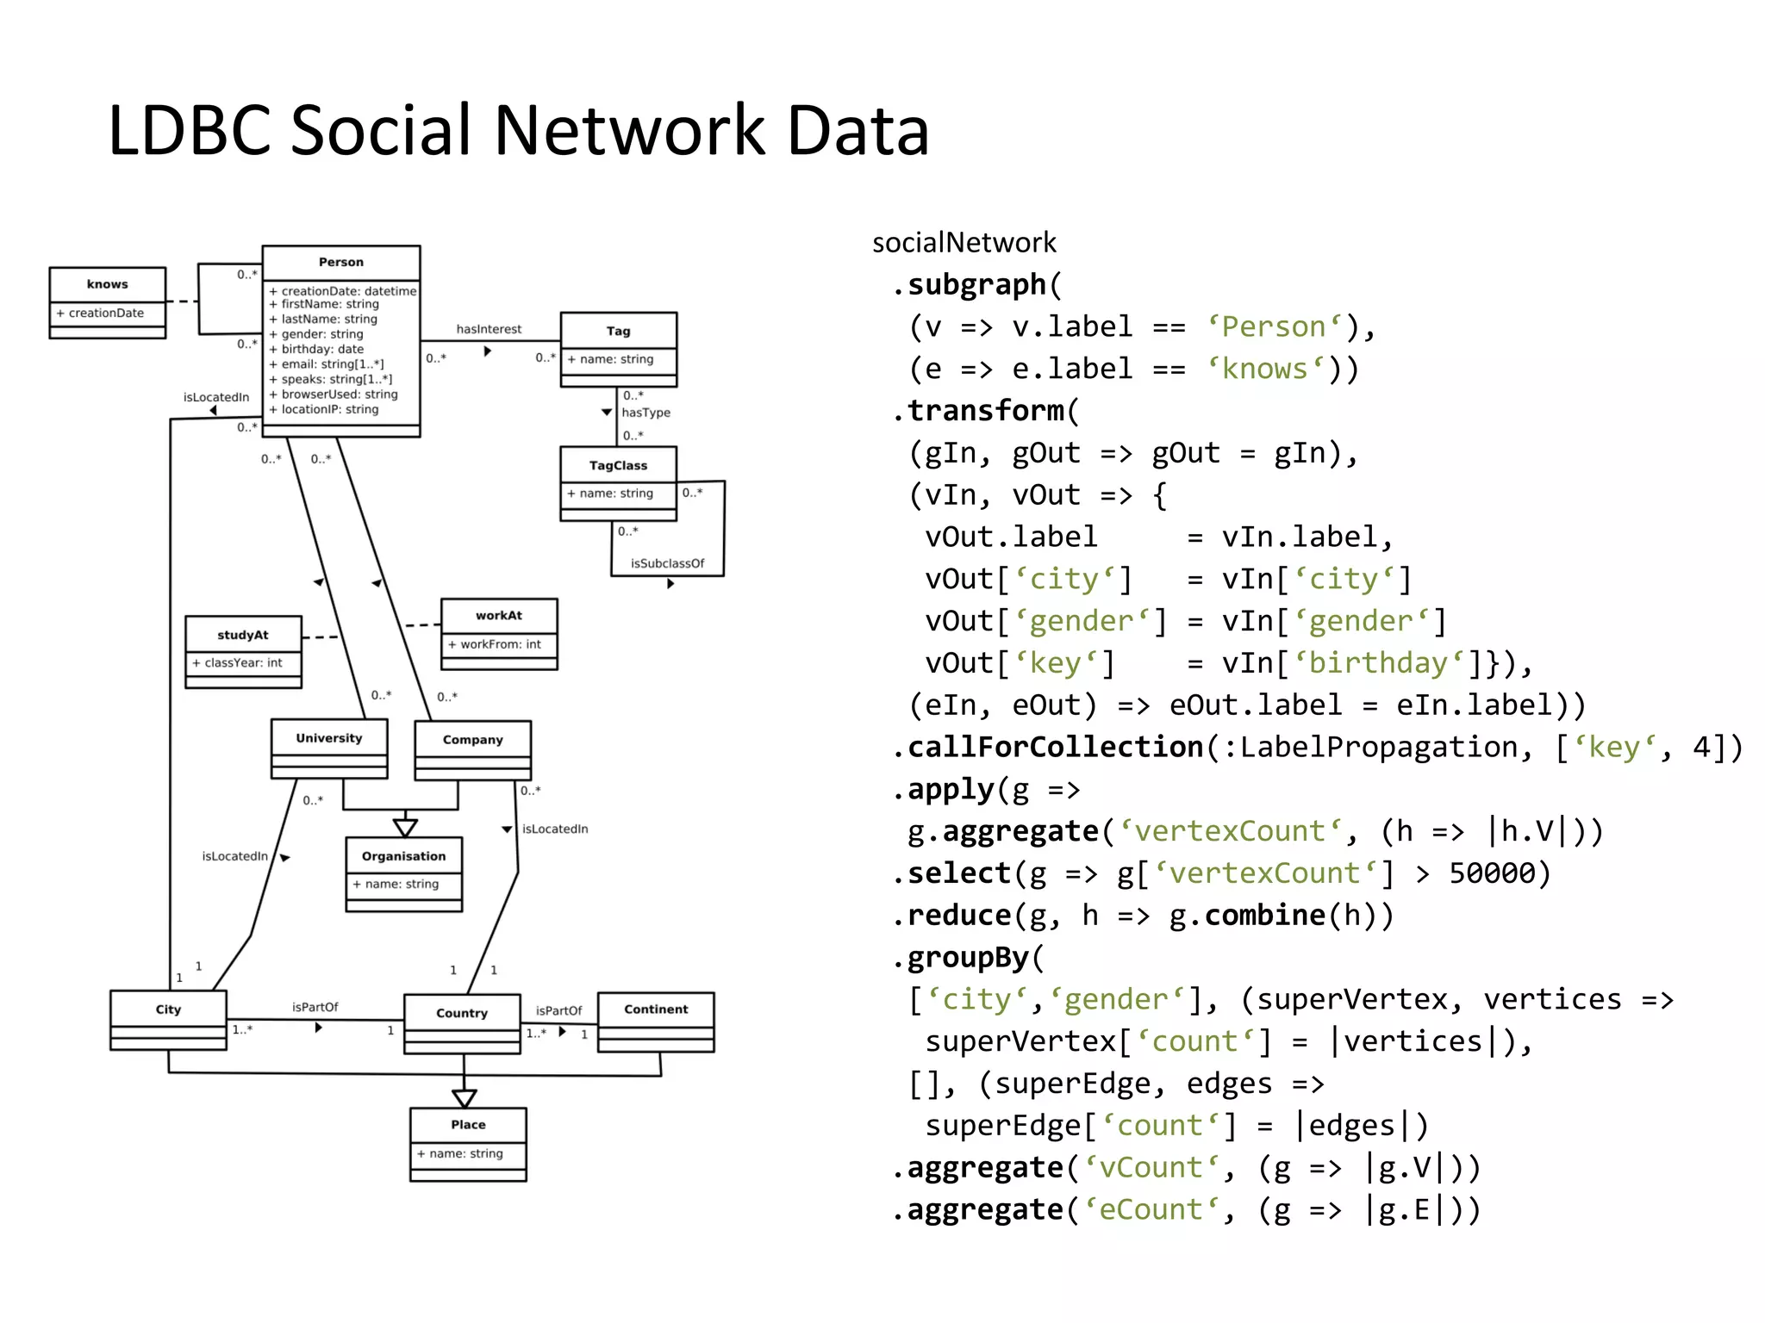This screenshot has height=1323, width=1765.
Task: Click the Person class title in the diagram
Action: point(340,262)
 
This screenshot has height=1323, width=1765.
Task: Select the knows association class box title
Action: point(107,284)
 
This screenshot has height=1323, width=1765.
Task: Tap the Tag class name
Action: point(618,331)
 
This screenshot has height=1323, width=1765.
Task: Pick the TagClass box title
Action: point(618,465)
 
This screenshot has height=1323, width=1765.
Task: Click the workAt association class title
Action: point(499,615)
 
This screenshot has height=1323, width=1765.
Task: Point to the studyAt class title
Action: point(243,635)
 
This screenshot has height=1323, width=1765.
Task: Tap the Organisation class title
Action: point(403,856)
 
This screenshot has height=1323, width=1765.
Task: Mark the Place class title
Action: point(468,1125)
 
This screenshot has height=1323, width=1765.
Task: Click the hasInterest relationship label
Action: point(489,329)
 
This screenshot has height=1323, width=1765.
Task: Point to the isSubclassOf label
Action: point(667,563)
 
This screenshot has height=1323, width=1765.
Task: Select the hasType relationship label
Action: point(646,413)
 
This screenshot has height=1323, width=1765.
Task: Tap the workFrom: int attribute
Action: point(500,644)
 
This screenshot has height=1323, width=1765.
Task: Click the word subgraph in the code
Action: point(976,284)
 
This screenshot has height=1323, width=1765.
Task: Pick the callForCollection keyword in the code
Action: point(1055,747)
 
